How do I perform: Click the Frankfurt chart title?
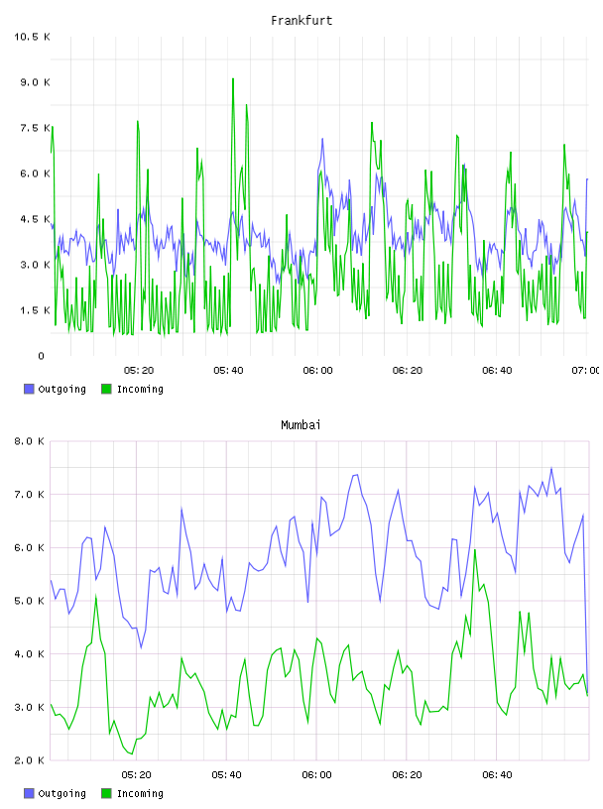pyautogui.click(x=301, y=21)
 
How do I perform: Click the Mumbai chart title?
pyautogui.click(x=301, y=425)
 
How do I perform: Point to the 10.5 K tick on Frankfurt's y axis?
pyautogui.click(x=32, y=37)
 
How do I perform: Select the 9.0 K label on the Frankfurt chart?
pyautogui.click(x=35, y=82)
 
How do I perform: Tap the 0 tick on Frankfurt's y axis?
pyautogui.click(x=41, y=356)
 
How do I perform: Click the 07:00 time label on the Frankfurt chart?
pyautogui.click(x=585, y=371)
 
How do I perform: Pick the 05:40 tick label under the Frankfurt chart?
pyautogui.click(x=228, y=371)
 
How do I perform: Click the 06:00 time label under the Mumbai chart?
pyautogui.click(x=316, y=775)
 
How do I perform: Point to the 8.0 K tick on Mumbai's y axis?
pyautogui.click(x=30, y=441)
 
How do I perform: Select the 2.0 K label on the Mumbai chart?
pyautogui.click(x=30, y=760)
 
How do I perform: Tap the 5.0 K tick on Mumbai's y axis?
pyautogui.click(x=30, y=601)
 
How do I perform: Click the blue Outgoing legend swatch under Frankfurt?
pyautogui.click(x=29, y=389)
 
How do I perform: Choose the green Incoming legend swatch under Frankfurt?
pyautogui.click(x=106, y=389)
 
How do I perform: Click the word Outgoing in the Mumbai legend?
pyautogui.click(x=61, y=793)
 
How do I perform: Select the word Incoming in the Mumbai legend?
pyautogui.click(x=140, y=793)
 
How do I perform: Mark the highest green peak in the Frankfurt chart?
pyautogui.click(x=233, y=79)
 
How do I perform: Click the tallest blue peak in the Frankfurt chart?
pyautogui.click(x=322, y=139)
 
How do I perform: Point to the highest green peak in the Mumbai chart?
pyautogui.click(x=474, y=550)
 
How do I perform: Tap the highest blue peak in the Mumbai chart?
pyautogui.click(x=551, y=469)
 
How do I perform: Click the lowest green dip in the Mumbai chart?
pyautogui.click(x=132, y=753)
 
